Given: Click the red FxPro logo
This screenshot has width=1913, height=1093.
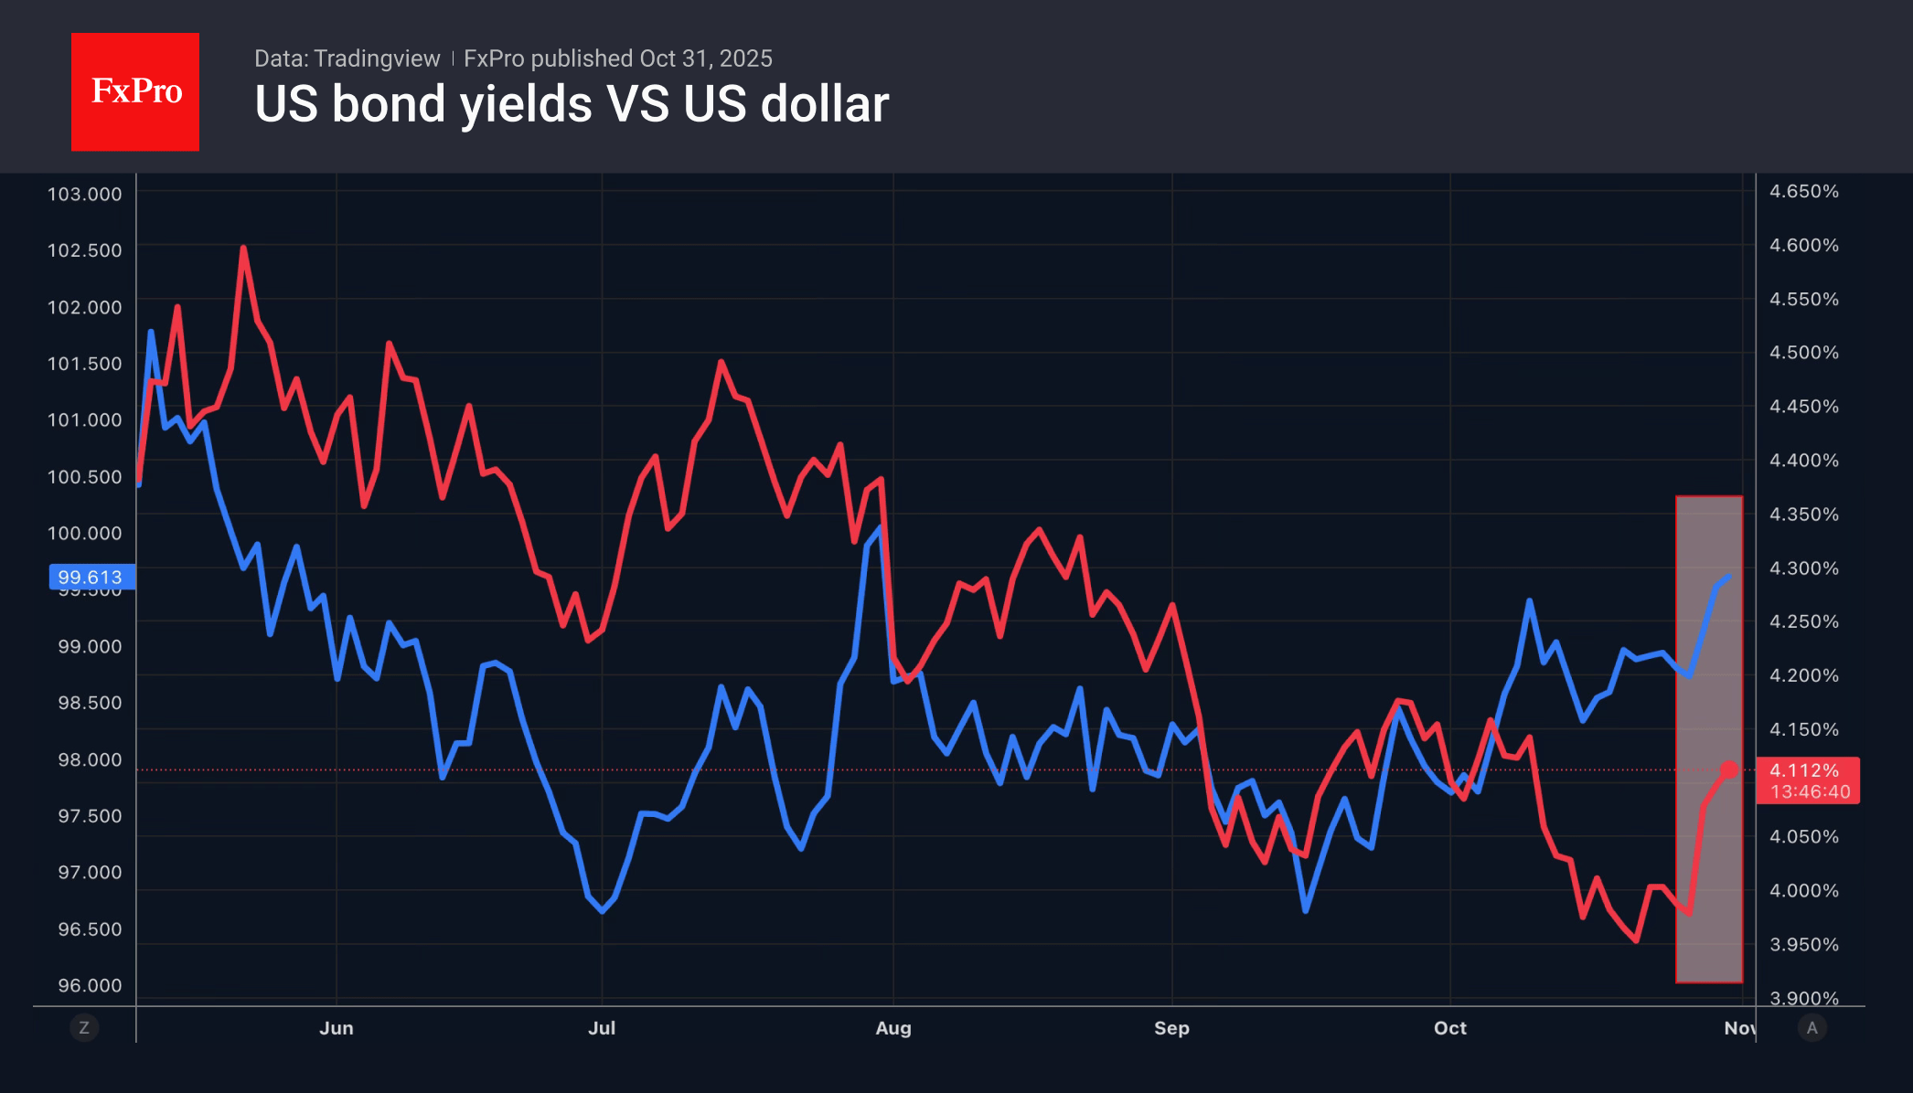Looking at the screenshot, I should click(135, 91).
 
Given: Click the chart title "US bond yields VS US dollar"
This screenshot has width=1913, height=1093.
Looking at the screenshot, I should click(572, 104).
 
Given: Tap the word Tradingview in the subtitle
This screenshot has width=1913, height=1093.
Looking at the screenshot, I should click(377, 58).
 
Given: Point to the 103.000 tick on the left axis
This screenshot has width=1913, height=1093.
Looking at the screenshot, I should click(84, 194).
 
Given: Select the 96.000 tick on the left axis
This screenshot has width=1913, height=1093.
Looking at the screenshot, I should click(90, 985).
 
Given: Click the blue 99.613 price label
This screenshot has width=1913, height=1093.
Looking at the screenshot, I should click(91, 577).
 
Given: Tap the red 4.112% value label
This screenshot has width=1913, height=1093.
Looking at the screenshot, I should click(1804, 770).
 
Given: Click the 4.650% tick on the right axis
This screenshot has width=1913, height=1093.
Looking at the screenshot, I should click(1803, 191).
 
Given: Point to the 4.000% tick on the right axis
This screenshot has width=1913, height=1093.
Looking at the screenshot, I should click(1803, 890).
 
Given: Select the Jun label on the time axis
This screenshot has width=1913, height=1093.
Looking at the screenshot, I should click(337, 1028).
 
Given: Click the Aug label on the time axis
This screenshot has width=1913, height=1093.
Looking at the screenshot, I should click(893, 1028).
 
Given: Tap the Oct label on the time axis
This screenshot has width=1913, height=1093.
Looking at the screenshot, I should click(1450, 1028).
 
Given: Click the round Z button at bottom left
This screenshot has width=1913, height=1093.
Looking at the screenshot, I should click(84, 1028).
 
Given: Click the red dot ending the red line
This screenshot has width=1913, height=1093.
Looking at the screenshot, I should click(1729, 769).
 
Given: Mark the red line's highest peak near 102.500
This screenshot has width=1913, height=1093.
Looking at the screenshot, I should click(243, 248).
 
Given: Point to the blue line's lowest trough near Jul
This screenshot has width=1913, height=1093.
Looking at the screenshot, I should click(602, 911).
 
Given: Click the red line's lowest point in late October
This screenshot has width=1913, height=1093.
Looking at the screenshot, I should click(1636, 940).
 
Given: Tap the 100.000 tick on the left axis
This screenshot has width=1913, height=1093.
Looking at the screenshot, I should click(84, 533).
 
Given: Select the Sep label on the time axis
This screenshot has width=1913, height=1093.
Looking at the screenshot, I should click(1171, 1028).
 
